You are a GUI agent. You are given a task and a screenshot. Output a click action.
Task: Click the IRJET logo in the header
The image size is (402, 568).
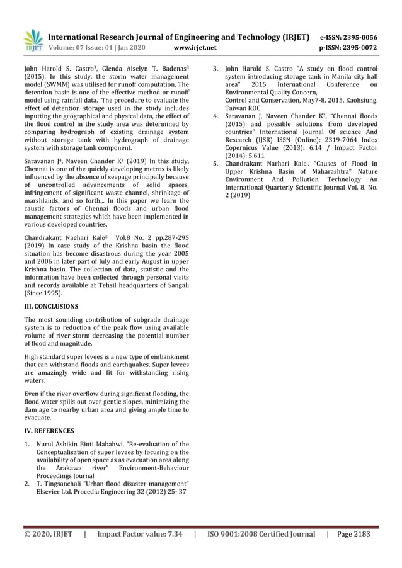[x=33, y=40]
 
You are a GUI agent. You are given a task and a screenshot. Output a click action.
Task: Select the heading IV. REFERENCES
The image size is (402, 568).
[x=49, y=431]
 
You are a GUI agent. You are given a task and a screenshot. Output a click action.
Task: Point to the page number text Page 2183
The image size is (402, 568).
[x=353, y=535]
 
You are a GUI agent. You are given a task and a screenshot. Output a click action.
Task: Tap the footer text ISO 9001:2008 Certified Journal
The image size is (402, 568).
[x=261, y=535]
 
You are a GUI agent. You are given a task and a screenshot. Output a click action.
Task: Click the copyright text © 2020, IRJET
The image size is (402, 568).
[x=48, y=535]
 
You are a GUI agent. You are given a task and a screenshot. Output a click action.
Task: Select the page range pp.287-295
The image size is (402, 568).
[x=167, y=239]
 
